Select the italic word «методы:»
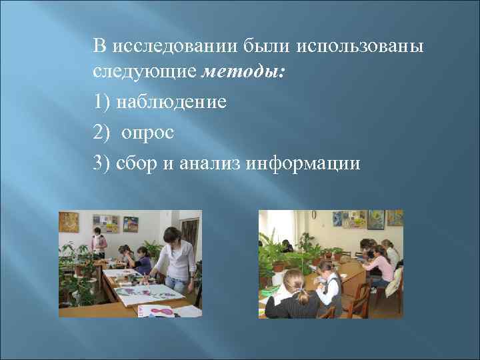(243, 71)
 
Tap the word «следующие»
(145, 71)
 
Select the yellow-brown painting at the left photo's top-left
(68, 221)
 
